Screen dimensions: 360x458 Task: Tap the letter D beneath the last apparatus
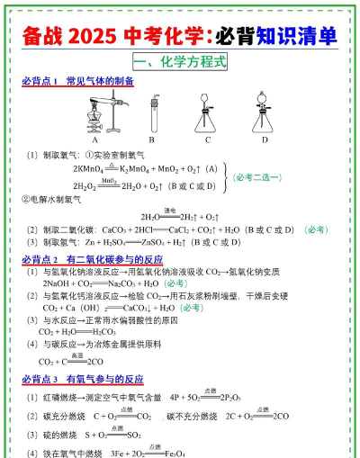pos(265,139)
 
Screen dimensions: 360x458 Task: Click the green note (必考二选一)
pos(263,177)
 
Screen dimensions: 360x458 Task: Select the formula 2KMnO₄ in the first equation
pos(92,168)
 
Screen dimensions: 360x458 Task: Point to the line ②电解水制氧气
pos(58,199)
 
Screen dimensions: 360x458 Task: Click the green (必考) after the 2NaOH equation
pos(171,283)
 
